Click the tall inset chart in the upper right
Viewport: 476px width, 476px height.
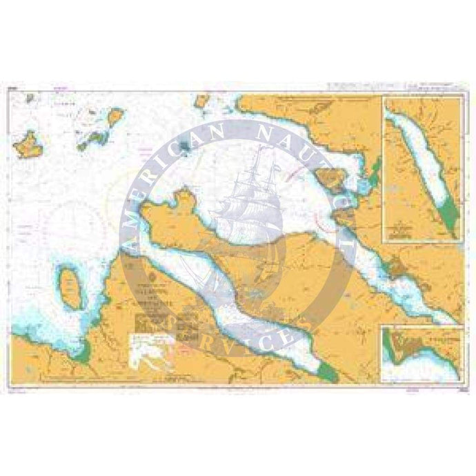[x=422, y=169]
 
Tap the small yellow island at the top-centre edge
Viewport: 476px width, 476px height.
[x=202, y=101]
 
